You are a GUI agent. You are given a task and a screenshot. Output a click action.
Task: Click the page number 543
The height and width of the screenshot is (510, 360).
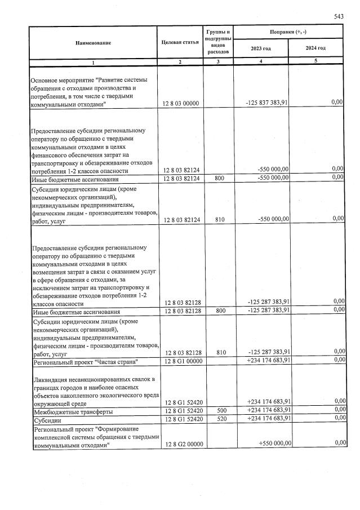[x=338, y=17]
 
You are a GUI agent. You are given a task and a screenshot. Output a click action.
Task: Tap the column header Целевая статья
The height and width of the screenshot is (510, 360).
[x=180, y=43]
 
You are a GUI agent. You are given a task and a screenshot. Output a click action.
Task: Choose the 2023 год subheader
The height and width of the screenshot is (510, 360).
[x=261, y=48]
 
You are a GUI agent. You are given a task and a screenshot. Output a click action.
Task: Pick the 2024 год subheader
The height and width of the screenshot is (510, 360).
[x=315, y=48]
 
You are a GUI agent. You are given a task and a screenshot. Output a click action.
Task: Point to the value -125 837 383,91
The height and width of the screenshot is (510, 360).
[x=268, y=103]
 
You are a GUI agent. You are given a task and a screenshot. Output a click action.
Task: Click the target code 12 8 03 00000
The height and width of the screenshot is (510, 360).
[x=181, y=103]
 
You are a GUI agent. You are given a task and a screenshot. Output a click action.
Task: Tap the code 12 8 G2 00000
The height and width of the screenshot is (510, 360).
[x=181, y=445]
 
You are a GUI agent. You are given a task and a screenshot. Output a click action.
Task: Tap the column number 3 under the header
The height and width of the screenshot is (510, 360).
[x=219, y=61]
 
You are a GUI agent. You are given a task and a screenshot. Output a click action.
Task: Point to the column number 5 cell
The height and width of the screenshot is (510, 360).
[x=315, y=61]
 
